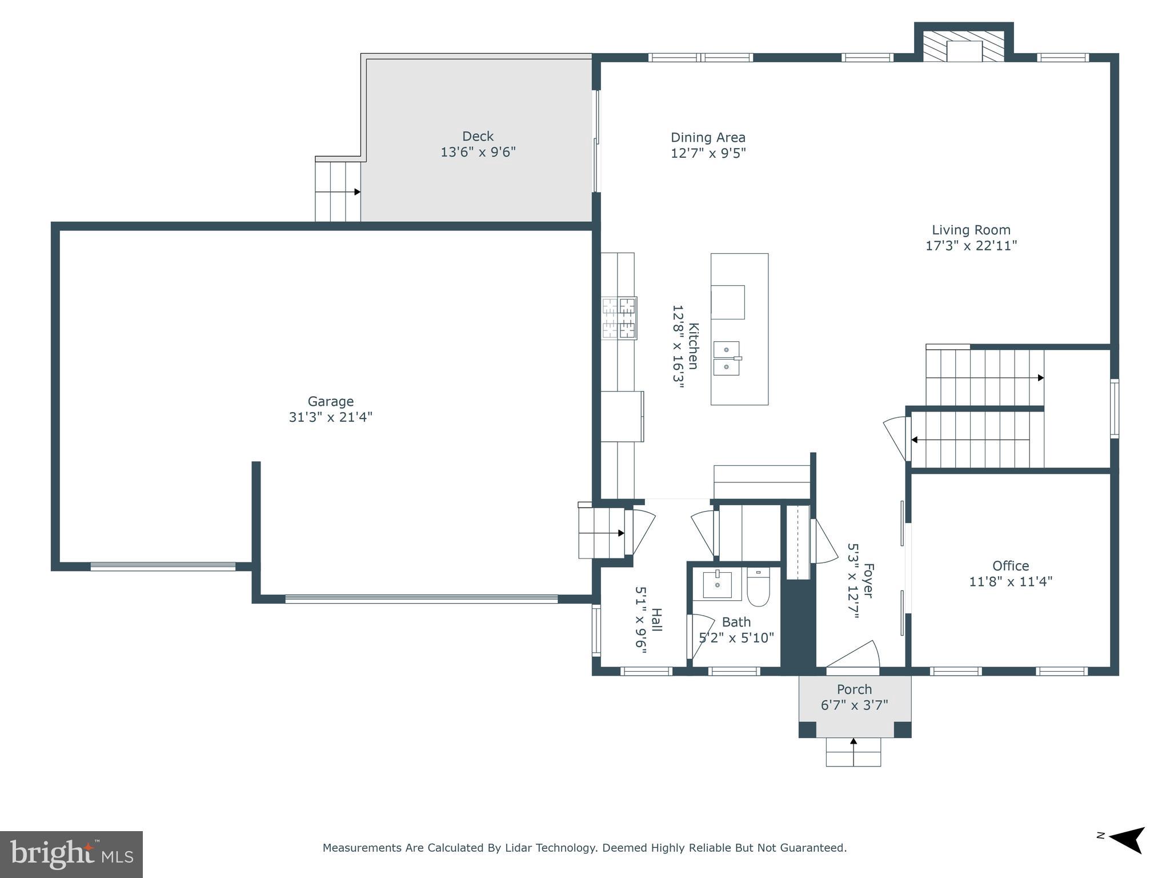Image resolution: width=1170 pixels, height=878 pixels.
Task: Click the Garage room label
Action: point(331,401)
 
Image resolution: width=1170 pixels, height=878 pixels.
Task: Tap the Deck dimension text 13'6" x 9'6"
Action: point(478,152)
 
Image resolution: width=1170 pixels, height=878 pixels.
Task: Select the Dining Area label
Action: point(708,137)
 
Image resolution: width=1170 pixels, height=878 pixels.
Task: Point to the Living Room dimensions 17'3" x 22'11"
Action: point(971,246)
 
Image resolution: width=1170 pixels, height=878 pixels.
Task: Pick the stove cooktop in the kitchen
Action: point(619,318)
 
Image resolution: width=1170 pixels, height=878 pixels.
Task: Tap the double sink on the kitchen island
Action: point(727,358)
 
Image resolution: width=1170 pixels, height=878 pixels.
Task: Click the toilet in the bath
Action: point(759,587)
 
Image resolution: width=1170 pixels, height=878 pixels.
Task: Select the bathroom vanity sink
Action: point(717,584)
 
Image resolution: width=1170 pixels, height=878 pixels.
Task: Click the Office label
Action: point(1011,566)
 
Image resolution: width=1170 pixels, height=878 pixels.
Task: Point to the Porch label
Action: point(855,689)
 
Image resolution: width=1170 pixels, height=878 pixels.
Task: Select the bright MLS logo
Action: point(71,855)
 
